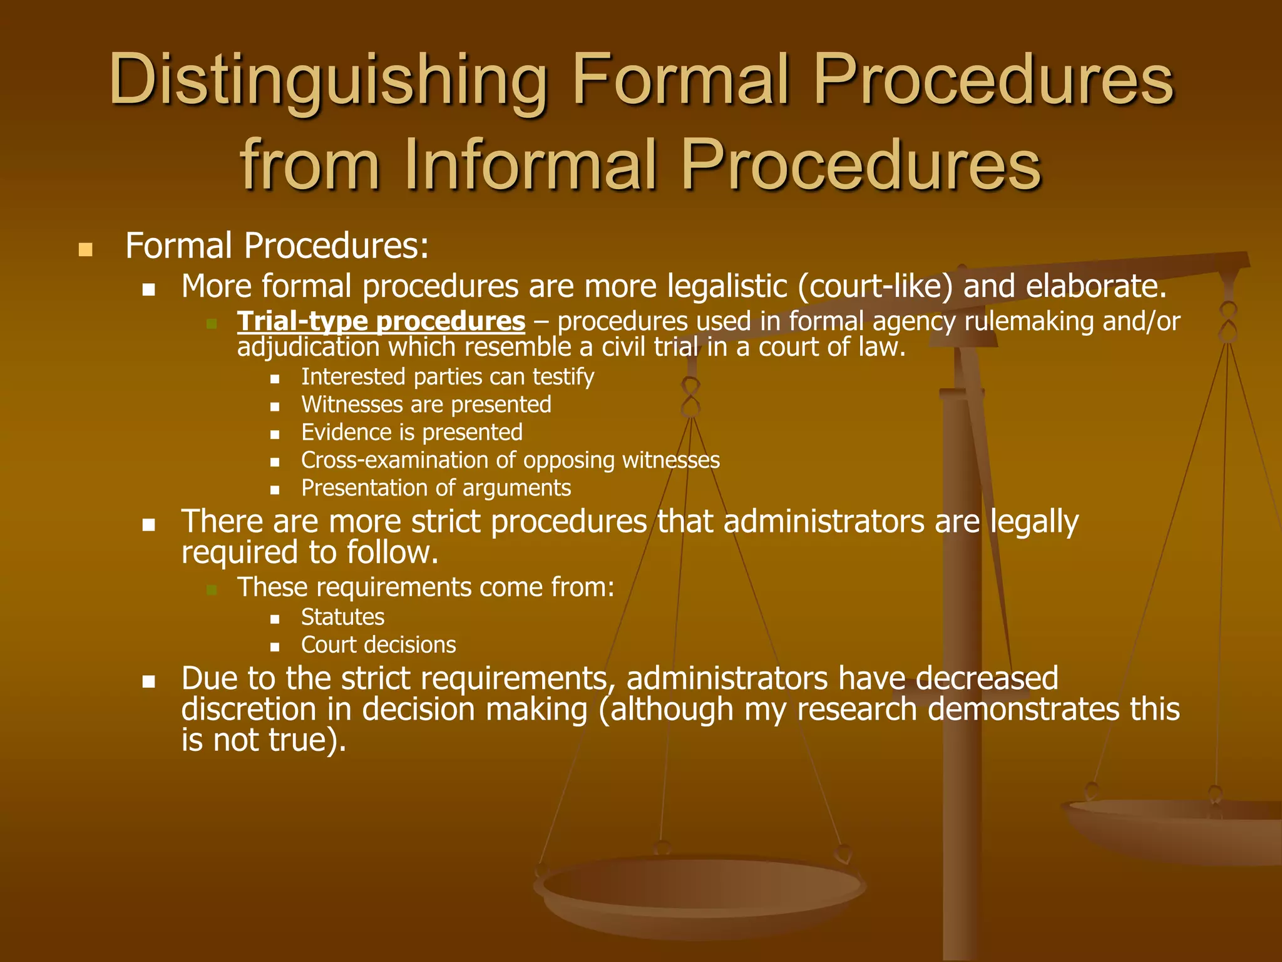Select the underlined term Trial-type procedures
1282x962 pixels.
pyautogui.click(x=381, y=321)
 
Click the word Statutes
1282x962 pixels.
pyautogui.click(x=342, y=617)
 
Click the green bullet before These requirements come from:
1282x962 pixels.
pyautogui.click(x=212, y=589)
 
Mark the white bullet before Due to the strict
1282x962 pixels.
pyautogui.click(x=148, y=681)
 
